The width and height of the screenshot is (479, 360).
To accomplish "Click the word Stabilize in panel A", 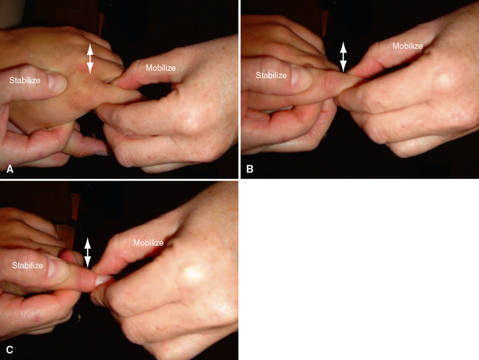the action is click(25, 80).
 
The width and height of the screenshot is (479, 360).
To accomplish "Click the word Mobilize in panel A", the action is click(161, 68).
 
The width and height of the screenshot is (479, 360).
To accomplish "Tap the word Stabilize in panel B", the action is click(271, 75).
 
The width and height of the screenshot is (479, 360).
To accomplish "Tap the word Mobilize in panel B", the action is click(408, 46).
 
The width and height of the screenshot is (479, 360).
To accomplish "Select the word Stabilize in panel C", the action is click(27, 266).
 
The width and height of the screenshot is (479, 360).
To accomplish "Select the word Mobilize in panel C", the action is click(148, 243).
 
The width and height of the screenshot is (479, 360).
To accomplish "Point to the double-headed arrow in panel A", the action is click(90, 59).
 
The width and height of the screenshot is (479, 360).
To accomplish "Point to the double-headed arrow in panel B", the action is click(343, 57).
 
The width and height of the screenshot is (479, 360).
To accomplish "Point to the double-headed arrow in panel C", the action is click(88, 253).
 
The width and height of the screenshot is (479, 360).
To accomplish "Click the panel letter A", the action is click(10, 169).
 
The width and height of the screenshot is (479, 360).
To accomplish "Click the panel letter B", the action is click(250, 169).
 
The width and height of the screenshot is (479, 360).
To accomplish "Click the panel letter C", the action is click(10, 349).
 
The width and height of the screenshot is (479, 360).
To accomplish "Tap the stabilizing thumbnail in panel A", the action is click(57, 82).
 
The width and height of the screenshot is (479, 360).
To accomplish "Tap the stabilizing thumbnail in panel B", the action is click(301, 77).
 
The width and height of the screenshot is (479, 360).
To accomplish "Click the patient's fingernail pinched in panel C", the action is click(103, 280).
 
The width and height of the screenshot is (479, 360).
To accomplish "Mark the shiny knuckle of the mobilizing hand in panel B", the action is click(447, 79).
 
